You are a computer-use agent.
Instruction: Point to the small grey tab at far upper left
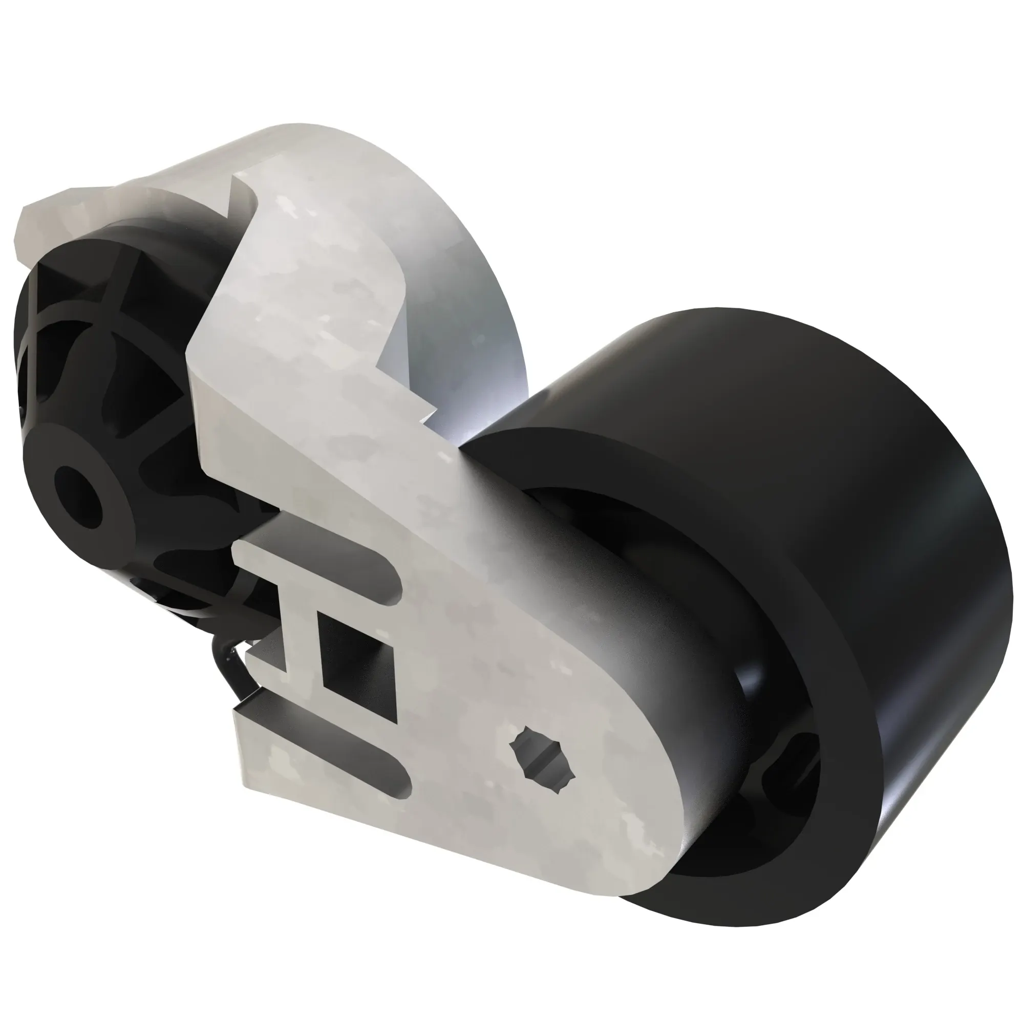coord(42,223)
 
